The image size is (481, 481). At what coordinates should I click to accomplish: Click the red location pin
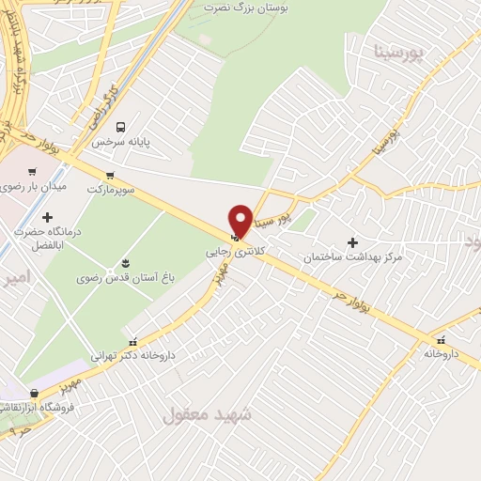click(x=240, y=220)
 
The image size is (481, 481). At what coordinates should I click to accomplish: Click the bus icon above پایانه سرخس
click(x=120, y=127)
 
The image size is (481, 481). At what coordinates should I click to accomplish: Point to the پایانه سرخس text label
click(x=121, y=142)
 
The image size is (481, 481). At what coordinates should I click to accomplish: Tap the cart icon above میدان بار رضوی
click(x=33, y=172)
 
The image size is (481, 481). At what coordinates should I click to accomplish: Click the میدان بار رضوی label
click(x=34, y=187)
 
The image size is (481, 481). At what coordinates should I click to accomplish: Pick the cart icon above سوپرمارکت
click(x=111, y=175)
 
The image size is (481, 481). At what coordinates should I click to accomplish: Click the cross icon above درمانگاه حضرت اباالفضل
click(x=47, y=218)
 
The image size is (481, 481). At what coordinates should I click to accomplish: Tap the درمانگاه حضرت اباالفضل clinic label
click(x=47, y=240)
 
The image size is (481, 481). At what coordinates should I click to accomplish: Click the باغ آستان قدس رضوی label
click(x=126, y=278)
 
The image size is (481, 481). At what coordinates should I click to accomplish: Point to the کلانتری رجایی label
click(x=232, y=253)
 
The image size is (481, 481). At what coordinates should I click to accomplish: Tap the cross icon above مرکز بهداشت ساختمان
click(x=352, y=242)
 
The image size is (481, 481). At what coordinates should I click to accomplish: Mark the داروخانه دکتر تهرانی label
click(x=132, y=356)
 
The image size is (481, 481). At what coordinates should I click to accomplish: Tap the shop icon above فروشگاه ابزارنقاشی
click(x=34, y=393)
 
